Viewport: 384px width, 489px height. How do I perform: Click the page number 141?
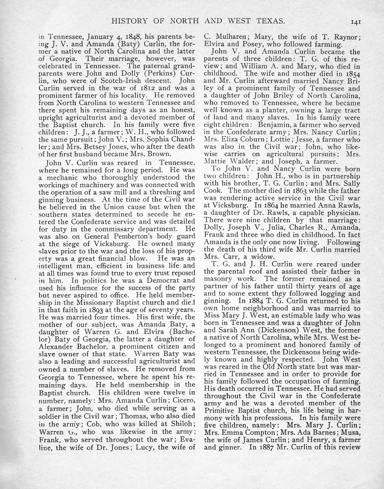356,22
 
